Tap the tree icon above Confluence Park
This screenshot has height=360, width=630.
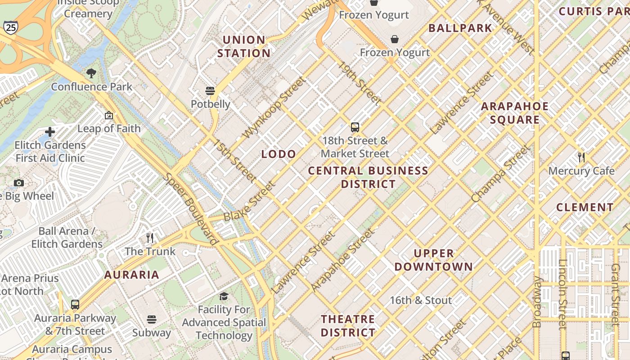coord(91,73)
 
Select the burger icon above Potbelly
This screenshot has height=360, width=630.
coord(210,91)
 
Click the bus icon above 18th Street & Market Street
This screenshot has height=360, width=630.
coord(355,127)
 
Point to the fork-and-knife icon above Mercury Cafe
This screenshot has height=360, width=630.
coord(581,157)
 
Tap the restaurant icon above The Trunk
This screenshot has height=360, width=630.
coord(150,238)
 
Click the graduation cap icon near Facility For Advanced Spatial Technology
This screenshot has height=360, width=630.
coord(224,296)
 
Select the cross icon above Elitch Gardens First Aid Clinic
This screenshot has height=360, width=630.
coord(50,132)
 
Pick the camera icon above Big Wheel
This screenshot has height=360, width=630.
coord(18,183)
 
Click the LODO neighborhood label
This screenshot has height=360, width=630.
coord(279,154)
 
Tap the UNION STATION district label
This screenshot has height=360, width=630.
coord(244,46)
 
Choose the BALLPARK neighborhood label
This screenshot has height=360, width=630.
coord(460,28)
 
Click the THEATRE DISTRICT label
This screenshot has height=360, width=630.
coord(348,326)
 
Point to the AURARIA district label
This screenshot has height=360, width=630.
coord(132,274)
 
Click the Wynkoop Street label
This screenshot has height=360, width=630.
coord(274,108)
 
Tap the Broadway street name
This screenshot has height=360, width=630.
coord(537,302)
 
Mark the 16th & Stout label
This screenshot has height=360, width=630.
coord(420,300)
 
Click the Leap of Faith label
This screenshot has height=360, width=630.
coord(109,129)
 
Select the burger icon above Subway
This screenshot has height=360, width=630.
coord(152,319)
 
